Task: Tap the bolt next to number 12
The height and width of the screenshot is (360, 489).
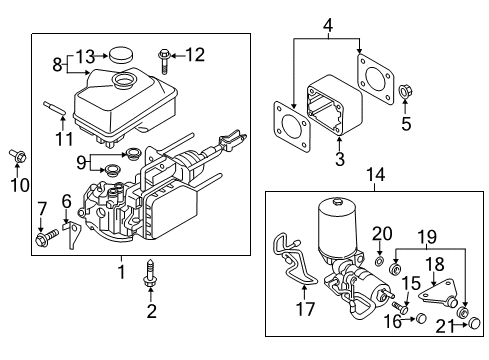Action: tap(163, 56)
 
